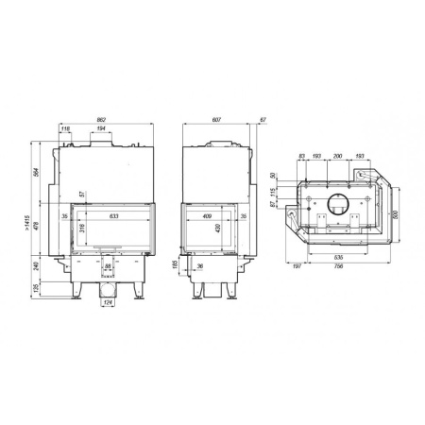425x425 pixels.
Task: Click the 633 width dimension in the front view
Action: click(x=113, y=217)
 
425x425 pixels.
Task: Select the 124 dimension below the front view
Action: click(x=109, y=302)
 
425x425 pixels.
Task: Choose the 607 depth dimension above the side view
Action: click(x=216, y=121)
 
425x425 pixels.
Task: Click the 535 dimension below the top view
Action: click(x=338, y=256)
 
